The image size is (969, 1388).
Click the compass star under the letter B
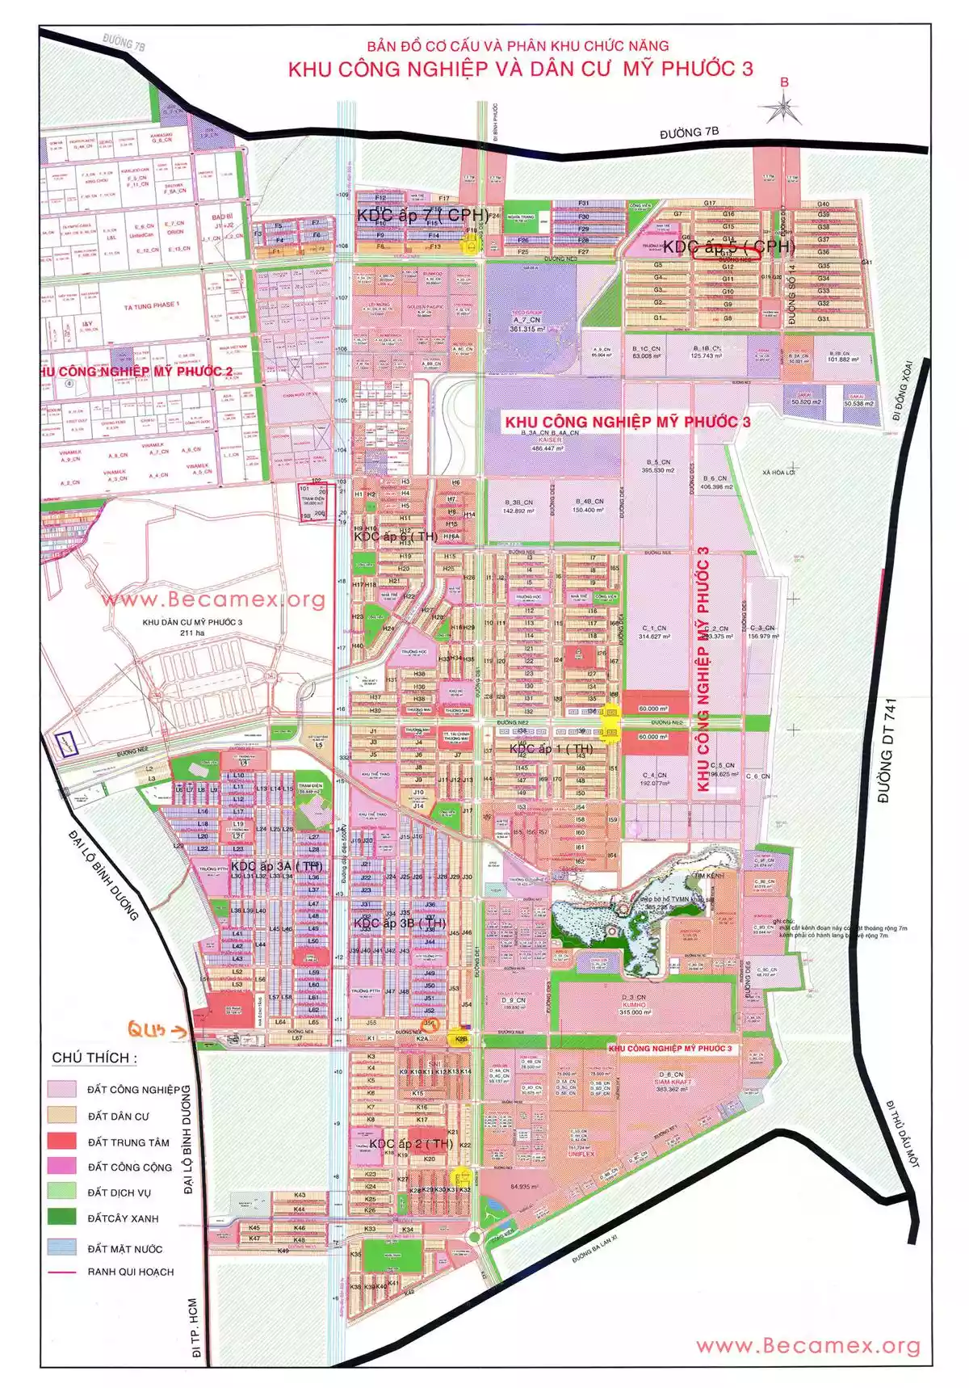point(782,108)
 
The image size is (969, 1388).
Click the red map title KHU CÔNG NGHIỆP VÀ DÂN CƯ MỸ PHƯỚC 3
point(520,69)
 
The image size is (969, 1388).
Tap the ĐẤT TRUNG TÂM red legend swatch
point(61,1142)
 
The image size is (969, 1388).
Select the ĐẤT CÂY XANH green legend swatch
point(61,1217)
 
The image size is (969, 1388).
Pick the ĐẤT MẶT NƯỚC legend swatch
point(61,1247)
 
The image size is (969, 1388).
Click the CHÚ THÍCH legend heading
point(94,1058)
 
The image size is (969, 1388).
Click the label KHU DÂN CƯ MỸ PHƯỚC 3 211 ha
point(192,628)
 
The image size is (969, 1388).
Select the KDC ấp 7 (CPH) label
point(423,215)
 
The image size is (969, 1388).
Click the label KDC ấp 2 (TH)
point(411,1143)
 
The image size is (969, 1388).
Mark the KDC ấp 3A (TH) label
point(276,866)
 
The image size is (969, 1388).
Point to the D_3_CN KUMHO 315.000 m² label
point(635,1004)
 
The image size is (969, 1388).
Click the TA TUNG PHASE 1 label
point(151,306)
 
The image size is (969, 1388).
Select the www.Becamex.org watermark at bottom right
point(807,1345)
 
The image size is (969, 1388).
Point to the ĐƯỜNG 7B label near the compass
point(689,132)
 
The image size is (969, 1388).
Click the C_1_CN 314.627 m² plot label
point(654,632)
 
